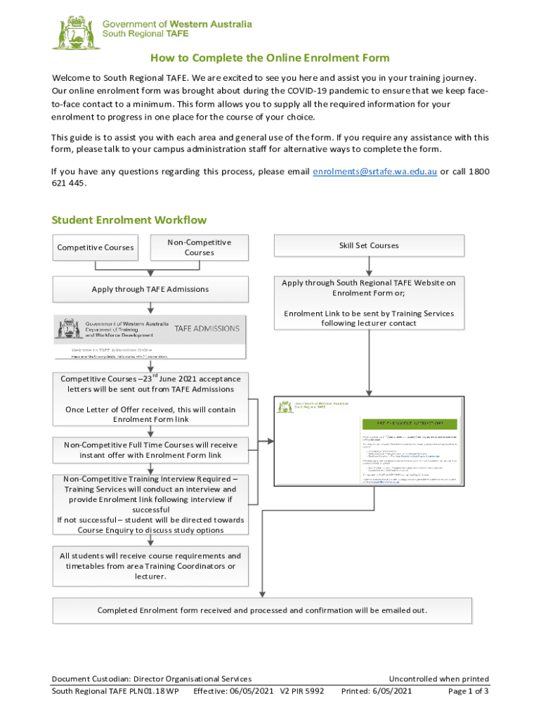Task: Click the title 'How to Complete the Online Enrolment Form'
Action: pos(270,58)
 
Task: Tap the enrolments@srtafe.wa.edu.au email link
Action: pos(374,172)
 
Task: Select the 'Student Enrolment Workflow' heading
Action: pos(129,220)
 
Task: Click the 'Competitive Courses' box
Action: pos(95,247)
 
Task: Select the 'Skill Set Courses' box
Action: pos(369,245)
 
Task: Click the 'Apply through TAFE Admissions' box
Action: pos(150,289)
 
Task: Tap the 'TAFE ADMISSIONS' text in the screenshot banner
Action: pos(207,328)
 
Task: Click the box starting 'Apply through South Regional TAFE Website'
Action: pos(369,302)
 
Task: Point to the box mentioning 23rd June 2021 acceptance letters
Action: pos(150,399)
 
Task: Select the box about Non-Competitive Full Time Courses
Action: pos(150,450)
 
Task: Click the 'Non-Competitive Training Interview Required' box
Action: pos(150,505)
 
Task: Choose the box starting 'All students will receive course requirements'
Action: pos(150,566)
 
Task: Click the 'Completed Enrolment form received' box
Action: pos(262,610)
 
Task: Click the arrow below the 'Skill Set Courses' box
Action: pos(369,266)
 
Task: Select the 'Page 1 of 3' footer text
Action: pos(468,691)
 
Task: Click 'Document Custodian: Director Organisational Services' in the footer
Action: pos(152,679)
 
